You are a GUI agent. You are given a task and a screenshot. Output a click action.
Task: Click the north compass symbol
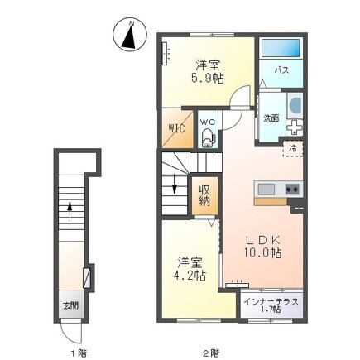130,35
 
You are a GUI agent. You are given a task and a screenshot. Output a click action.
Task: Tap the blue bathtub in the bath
281,48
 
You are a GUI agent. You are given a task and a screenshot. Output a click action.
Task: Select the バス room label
281,70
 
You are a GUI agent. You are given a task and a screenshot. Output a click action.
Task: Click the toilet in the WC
208,137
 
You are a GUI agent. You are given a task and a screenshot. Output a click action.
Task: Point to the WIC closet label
177,128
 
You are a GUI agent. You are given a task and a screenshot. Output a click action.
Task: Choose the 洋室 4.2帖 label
190,268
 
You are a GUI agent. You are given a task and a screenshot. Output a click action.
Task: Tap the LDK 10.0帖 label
263,247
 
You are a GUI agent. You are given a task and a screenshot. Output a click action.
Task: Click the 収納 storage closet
205,196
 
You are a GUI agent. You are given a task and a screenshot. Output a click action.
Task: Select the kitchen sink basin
266,190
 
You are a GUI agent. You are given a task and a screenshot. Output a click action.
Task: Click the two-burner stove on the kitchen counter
292,190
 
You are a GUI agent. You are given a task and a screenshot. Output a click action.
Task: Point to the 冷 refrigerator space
293,149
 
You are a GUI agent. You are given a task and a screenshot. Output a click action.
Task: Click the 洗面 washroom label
271,118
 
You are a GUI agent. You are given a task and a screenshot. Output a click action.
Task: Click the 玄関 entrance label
70,305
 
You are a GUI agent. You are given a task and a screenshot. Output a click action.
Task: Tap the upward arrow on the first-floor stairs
70,211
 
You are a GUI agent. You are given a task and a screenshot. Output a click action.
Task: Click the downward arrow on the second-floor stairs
175,184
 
